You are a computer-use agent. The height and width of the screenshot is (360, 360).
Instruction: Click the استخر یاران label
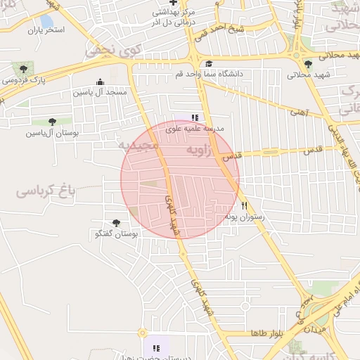[x=46, y=30]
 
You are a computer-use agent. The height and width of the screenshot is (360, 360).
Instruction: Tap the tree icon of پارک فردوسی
[x=24, y=68]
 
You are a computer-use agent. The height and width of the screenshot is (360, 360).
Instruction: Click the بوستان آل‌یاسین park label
[x=53, y=132]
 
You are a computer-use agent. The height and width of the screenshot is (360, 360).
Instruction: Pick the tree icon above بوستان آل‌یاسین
[x=53, y=122]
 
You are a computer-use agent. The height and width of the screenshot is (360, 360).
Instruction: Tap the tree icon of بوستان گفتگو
[x=117, y=223]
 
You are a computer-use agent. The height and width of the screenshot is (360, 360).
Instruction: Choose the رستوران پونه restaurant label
[x=244, y=217]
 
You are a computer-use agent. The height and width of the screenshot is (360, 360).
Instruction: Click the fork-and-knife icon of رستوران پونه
[x=245, y=205]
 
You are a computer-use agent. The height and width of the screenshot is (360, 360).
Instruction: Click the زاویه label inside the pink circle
[x=201, y=150]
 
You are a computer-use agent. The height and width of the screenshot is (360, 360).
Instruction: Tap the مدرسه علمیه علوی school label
[x=194, y=129]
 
